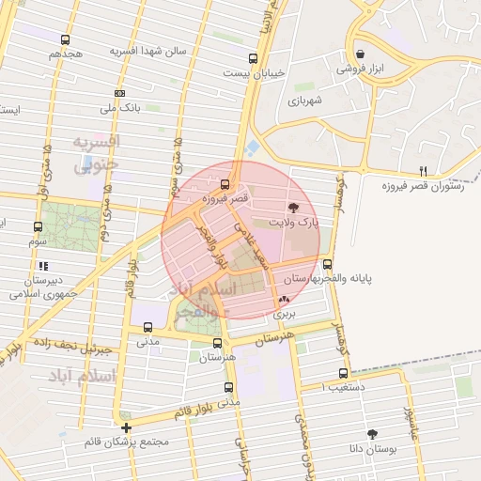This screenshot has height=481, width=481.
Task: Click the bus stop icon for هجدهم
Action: click(x=65, y=40)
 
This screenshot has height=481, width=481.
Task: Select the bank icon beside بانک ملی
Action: click(x=119, y=93)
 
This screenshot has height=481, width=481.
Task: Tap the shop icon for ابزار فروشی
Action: click(x=361, y=54)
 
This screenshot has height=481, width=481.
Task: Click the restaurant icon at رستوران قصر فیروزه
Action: click(x=423, y=171)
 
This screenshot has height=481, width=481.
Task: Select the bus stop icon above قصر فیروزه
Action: click(x=224, y=183)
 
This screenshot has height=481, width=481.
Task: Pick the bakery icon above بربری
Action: click(x=284, y=300)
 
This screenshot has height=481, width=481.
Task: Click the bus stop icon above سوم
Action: click(x=39, y=226)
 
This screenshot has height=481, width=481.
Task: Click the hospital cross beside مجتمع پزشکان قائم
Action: click(x=127, y=427)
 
